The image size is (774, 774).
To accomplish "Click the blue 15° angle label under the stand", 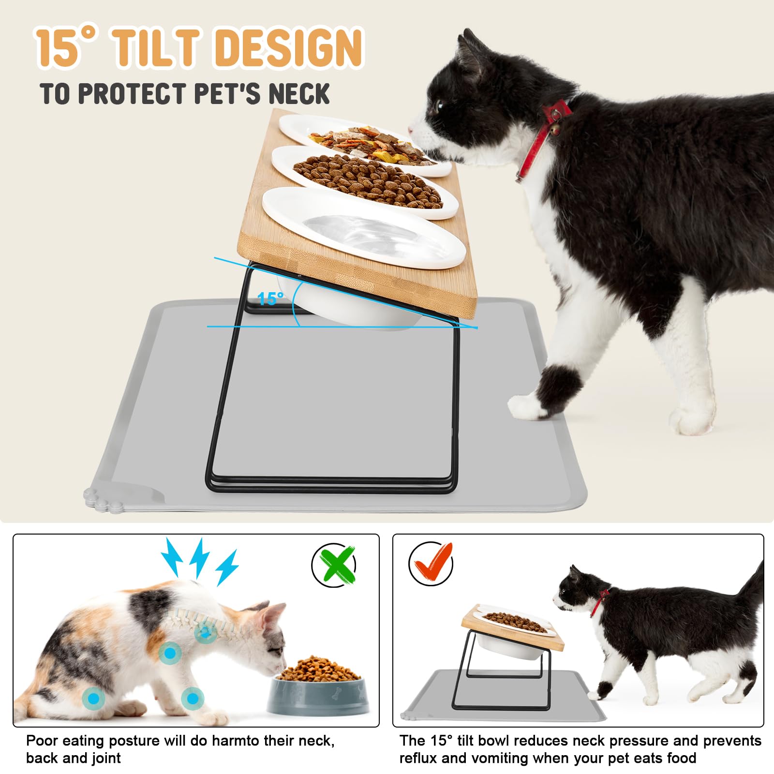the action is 270,298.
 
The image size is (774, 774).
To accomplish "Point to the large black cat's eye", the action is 440,106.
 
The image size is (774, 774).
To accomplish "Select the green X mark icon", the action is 334,564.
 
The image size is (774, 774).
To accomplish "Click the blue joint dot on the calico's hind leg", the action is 93,698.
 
